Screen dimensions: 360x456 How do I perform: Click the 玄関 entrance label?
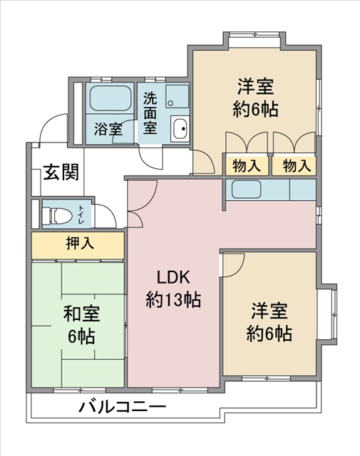coord(61,172)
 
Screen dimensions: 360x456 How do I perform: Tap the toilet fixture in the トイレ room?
coord(57,216)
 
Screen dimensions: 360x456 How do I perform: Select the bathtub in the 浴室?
coord(110,98)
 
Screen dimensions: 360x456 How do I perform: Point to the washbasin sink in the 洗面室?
coord(180,128)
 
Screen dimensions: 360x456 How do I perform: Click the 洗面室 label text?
coord(150,113)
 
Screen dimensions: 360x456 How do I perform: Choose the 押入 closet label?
coord(80,243)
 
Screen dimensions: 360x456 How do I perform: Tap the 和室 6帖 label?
coord(81,324)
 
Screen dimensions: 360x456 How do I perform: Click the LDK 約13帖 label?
coord(173,289)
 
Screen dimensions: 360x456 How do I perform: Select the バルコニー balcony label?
coord(123,406)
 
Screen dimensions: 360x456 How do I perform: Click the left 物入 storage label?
coord(246,166)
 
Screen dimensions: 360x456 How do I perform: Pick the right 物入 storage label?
coord(296,166)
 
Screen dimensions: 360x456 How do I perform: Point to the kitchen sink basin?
coord(246,190)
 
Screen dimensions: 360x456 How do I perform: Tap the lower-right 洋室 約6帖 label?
coord(269,322)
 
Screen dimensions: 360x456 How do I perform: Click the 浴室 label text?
coord(108,129)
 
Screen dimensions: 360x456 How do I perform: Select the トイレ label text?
coord(81,214)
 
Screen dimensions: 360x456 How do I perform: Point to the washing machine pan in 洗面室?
coord(178,97)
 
